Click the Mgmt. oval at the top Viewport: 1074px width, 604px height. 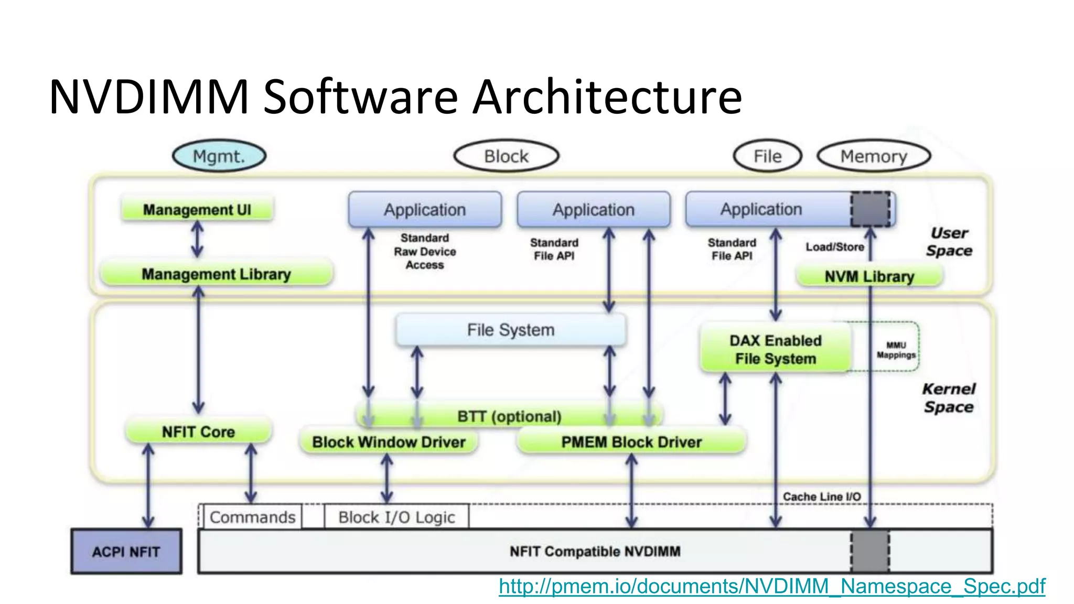[x=219, y=156]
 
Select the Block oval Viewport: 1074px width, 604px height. [x=506, y=156]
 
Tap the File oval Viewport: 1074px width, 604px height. [x=767, y=156]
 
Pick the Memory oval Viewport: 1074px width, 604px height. [x=874, y=156]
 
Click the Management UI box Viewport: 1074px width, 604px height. [x=197, y=210]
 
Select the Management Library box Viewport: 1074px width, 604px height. [x=216, y=274]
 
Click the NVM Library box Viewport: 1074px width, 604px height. [x=869, y=276]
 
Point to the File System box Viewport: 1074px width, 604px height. [x=511, y=330]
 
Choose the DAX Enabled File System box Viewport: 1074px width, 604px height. [x=775, y=349]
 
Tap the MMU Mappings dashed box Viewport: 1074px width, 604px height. [x=896, y=350]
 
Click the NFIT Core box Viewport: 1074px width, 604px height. [x=198, y=432]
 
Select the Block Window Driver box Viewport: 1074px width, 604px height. [x=389, y=442]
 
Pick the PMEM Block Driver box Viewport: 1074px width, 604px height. [x=631, y=442]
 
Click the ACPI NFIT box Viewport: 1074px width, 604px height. [x=126, y=552]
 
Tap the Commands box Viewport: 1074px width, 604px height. [x=252, y=517]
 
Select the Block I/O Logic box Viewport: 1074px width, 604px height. [x=396, y=517]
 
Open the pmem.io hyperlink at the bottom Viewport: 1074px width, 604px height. [x=772, y=586]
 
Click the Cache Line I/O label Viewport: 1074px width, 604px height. [x=821, y=497]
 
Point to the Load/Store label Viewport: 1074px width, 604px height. [x=835, y=247]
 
